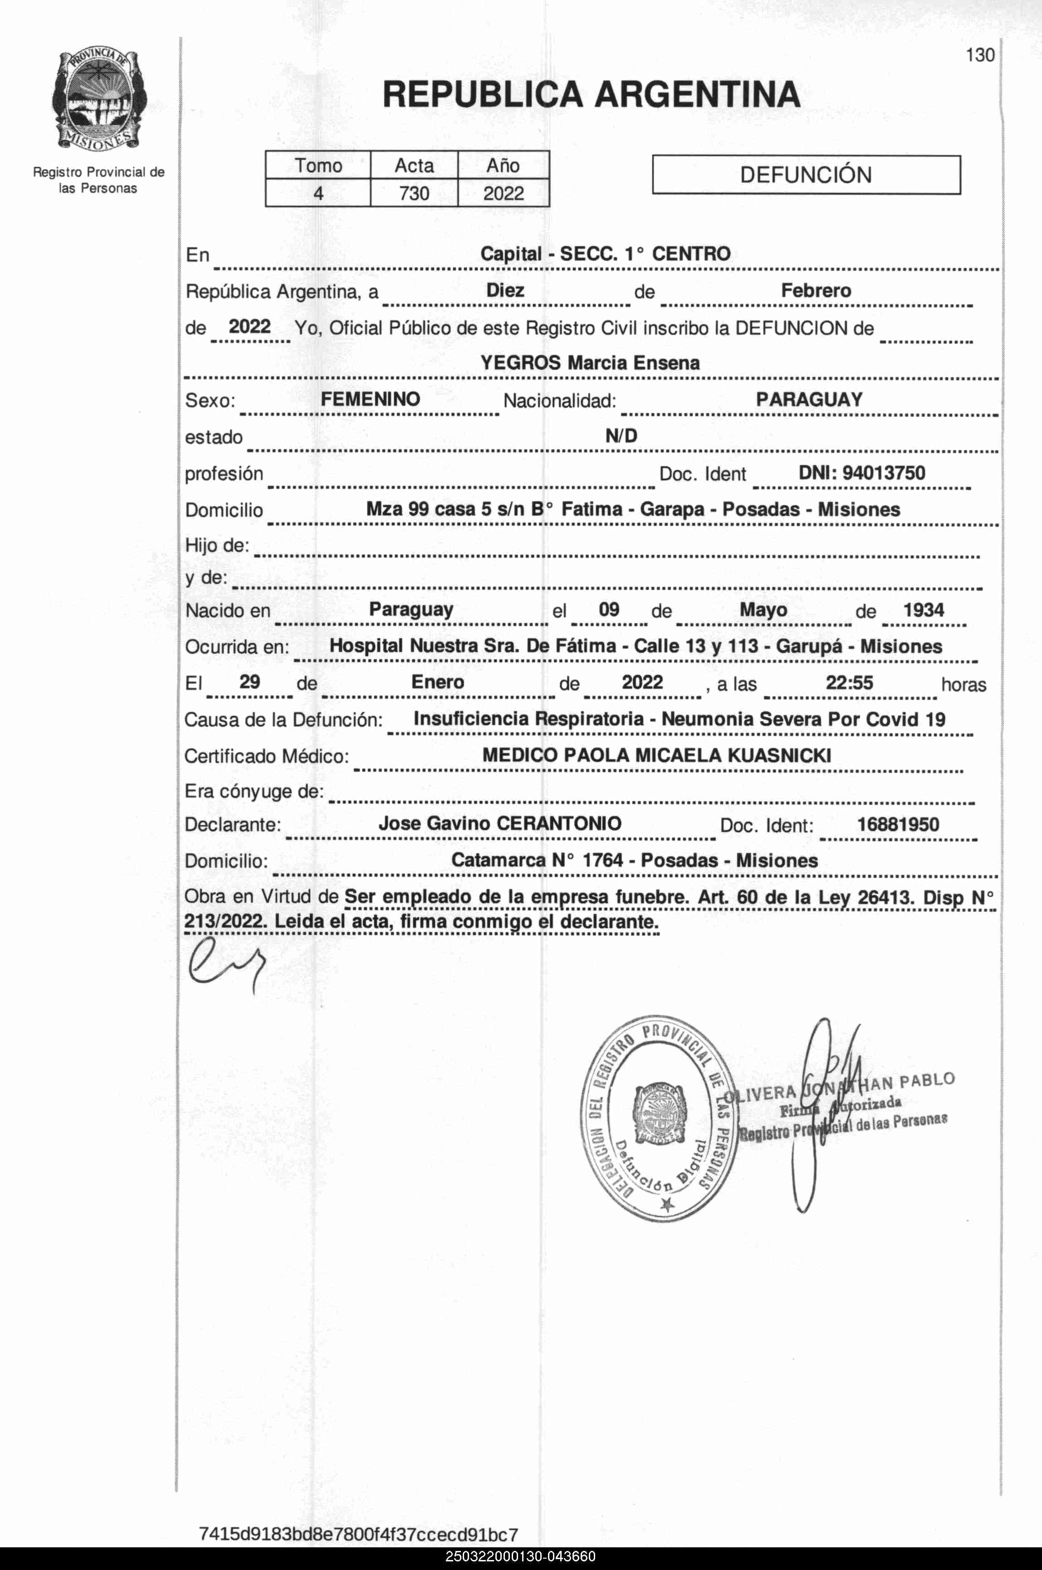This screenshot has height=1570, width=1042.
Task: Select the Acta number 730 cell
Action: pyautogui.click(x=414, y=193)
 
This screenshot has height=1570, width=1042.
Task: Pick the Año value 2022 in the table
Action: pyautogui.click(x=503, y=193)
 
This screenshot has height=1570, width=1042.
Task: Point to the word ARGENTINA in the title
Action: pyautogui.click(x=697, y=94)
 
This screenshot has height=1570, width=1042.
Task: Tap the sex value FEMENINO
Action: pyautogui.click(x=370, y=399)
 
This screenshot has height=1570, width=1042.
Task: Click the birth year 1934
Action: pyautogui.click(x=923, y=610)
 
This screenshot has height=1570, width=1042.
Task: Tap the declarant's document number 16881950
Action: pyautogui.click(x=898, y=825)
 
